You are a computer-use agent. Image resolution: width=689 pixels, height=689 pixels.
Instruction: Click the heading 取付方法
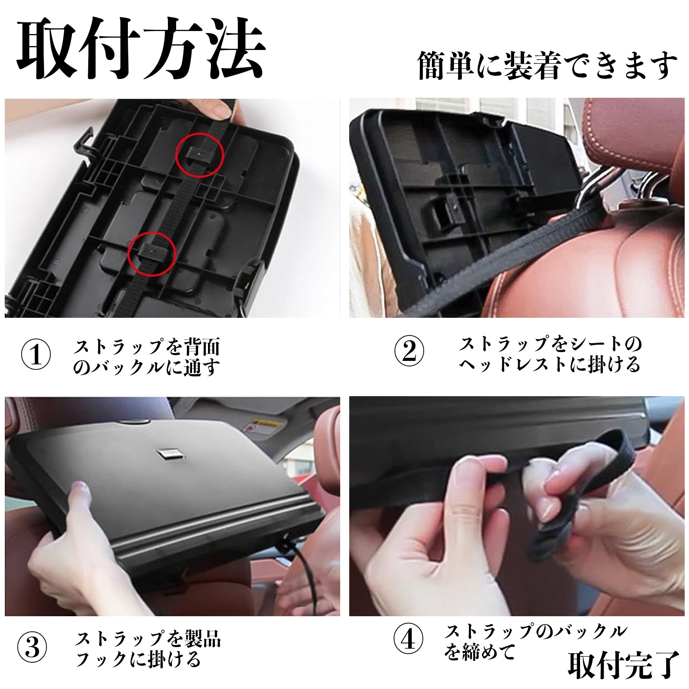click(x=140, y=51)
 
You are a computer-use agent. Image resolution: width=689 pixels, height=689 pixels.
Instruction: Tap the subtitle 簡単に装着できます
click(x=547, y=65)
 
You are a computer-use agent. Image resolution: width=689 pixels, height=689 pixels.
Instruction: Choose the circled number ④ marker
click(x=409, y=641)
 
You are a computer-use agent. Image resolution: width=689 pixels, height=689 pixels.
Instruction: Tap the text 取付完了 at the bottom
click(x=623, y=666)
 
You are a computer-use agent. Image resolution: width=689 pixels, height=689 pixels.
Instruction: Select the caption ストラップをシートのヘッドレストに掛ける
click(x=550, y=354)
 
